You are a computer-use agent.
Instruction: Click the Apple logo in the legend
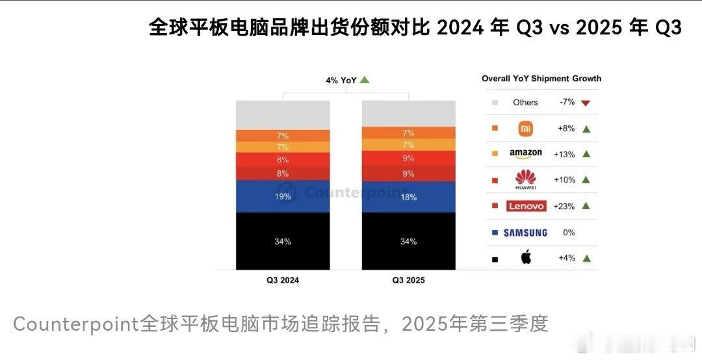point(526,257)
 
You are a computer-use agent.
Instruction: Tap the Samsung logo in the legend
point(525,232)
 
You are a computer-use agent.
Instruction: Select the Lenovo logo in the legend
point(526,206)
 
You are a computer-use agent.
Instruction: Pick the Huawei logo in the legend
point(525,179)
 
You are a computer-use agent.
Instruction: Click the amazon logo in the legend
point(525,154)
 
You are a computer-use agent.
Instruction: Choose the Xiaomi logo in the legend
point(525,129)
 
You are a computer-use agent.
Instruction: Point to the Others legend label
point(525,103)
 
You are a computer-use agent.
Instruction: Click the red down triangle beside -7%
point(586,103)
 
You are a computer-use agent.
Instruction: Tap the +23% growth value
point(564,206)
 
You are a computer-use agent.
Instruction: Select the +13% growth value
point(564,154)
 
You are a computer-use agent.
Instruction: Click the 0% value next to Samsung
point(569,232)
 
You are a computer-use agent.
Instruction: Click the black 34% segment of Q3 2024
point(283,241)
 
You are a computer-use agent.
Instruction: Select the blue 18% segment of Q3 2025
point(408,197)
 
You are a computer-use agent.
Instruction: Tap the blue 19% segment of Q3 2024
point(283,196)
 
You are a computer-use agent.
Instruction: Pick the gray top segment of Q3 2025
point(408,113)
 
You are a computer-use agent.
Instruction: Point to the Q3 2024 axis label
point(283,281)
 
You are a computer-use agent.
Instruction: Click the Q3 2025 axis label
point(408,281)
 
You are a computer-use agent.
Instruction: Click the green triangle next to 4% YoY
point(365,80)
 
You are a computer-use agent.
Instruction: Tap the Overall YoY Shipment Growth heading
point(541,79)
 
